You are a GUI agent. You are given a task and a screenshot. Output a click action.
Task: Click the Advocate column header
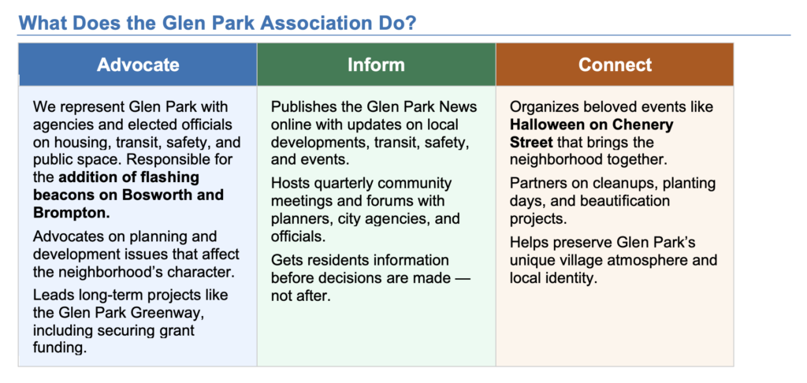pyautogui.click(x=138, y=65)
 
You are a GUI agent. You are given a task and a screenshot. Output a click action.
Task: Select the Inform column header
pyautogui.click(x=376, y=65)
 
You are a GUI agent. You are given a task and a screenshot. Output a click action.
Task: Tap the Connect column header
pyautogui.click(x=615, y=65)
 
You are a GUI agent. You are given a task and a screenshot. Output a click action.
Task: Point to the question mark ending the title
pyautogui.click(x=411, y=23)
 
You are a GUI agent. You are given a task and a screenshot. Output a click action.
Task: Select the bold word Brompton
pyautogui.click(x=72, y=213)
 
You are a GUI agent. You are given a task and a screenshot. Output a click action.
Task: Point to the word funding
pyautogui.click(x=58, y=348)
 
